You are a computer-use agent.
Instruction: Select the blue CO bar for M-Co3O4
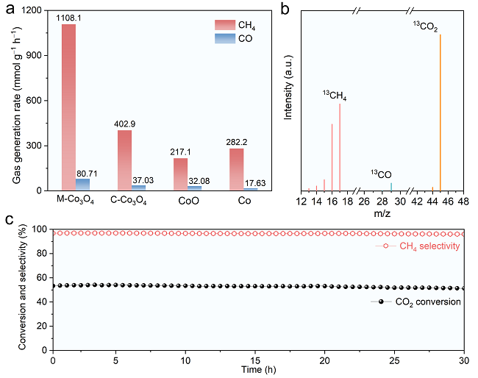coord(83,185)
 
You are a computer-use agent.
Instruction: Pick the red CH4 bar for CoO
coord(181,174)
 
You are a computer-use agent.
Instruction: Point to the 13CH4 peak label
coord(335,95)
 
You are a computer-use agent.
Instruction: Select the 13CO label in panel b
coord(380,174)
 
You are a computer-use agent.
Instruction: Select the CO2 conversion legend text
coord(427,302)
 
